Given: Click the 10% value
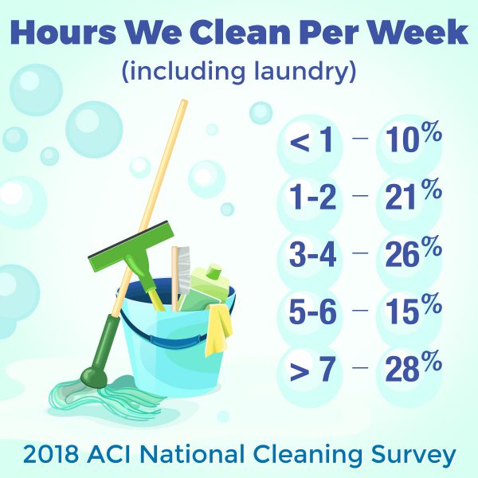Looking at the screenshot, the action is tap(413, 137).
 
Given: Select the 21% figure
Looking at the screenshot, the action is tap(413, 194).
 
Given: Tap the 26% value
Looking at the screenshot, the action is tap(413, 252).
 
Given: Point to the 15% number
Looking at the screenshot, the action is tap(413, 309).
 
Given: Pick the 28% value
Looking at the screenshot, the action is tap(413, 366).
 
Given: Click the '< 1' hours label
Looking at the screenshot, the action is tap(311, 140).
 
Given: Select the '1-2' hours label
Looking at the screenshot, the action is tap(312, 198).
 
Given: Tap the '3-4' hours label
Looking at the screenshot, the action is tap(312, 255).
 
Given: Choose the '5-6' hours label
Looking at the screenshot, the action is tap(312, 311).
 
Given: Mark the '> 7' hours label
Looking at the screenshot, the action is tap(312, 369).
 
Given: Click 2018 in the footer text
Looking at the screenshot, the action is tap(51, 454).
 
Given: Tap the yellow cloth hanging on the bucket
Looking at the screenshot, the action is tap(218, 330).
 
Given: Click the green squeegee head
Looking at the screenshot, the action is tap(131, 246).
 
